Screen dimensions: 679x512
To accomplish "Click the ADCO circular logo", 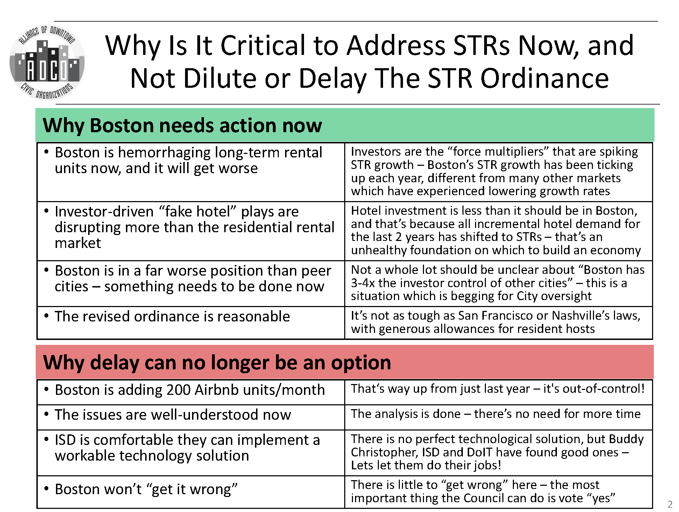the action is coord(47,63).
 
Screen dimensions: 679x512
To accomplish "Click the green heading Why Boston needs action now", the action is coord(182,125).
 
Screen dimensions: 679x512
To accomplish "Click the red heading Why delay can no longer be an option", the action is coord(217,362).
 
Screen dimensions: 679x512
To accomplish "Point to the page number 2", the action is coord(670,504).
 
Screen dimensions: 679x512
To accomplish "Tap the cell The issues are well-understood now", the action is coord(173,415).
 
